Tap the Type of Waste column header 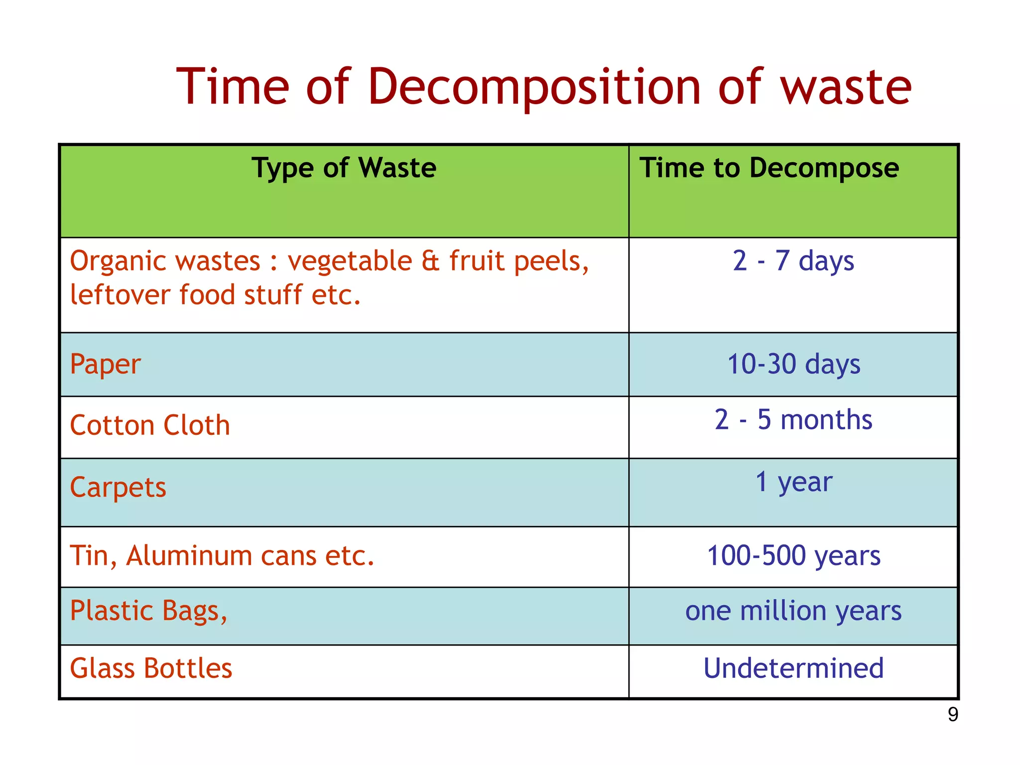click(x=344, y=168)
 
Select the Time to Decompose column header click(x=769, y=168)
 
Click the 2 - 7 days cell click(x=793, y=261)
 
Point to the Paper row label click(x=105, y=365)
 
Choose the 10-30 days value click(x=793, y=365)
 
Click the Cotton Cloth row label click(x=150, y=426)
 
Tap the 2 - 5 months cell click(x=793, y=420)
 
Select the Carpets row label click(x=118, y=488)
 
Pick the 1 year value click(x=793, y=482)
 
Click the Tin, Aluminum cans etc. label click(x=222, y=556)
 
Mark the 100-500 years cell click(x=793, y=556)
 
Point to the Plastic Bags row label click(x=148, y=612)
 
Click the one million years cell click(x=793, y=611)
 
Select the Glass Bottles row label click(x=151, y=668)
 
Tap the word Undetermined click(x=793, y=668)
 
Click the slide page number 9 click(x=953, y=715)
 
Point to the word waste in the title click(x=845, y=88)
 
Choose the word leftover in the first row click(x=120, y=295)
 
